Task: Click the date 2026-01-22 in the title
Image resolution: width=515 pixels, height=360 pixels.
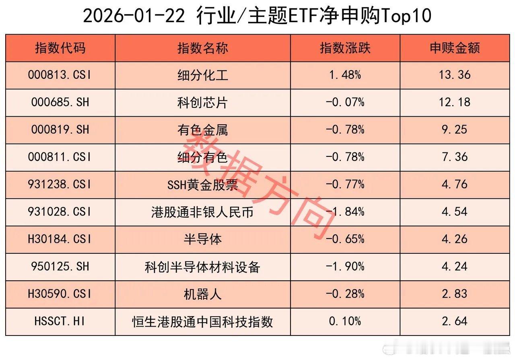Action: (x=135, y=16)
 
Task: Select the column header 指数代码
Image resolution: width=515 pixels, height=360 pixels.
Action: (x=60, y=48)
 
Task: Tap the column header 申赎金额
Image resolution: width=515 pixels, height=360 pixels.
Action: (x=455, y=48)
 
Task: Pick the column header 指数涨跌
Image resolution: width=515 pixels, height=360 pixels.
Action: (x=345, y=48)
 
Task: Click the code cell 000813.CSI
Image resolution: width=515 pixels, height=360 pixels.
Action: (x=60, y=75)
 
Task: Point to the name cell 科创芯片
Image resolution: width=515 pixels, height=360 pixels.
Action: (x=202, y=102)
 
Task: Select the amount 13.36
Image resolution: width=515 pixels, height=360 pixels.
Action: (x=455, y=75)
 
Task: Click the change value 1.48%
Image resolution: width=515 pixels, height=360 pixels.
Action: (x=345, y=75)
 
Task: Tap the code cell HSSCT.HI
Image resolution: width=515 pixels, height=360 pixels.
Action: (x=60, y=321)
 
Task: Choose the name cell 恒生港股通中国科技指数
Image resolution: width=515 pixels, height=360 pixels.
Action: (x=202, y=321)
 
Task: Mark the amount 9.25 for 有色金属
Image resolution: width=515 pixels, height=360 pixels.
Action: (x=455, y=130)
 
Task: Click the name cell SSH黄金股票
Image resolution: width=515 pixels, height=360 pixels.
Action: (x=202, y=184)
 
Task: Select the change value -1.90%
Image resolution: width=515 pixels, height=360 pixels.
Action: (x=345, y=266)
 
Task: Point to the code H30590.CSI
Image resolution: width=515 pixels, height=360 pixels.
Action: (x=60, y=294)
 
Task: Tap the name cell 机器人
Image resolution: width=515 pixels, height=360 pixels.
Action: (x=202, y=294)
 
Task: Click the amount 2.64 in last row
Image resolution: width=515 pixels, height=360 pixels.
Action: (x=455, y=321)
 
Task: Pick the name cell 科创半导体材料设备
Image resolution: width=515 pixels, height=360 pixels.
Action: (x=202, y=266)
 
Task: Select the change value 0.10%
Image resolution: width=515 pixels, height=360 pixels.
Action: (x=345, y=321)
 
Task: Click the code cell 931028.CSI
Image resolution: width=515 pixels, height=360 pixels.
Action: (x=60, y=212)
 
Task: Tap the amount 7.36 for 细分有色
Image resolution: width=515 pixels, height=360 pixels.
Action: (x=455, y=157)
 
